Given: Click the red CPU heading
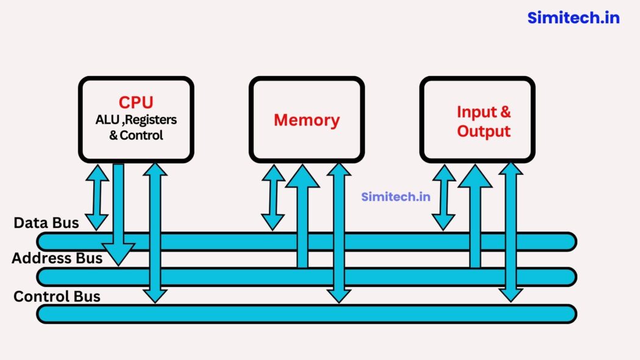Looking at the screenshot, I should [x=136, y=102].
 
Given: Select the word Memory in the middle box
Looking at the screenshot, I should [x=307, y=120].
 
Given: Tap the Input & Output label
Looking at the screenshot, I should [x=484, y=121].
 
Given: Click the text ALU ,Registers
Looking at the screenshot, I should [x=136, y=120].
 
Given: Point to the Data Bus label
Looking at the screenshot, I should [x=46, y=223].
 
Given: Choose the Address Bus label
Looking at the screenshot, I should [x=57, y=258].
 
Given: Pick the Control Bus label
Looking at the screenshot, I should [x=57, y=297].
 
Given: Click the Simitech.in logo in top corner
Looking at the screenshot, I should [x=573, y=18].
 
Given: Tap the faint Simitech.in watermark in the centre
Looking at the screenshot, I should [x=396, y=197].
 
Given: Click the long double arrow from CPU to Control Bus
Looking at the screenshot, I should [x=155, y=231].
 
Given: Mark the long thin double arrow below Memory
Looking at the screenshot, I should [x=339, y=231].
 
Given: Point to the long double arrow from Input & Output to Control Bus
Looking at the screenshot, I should [x=511, y=231].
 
